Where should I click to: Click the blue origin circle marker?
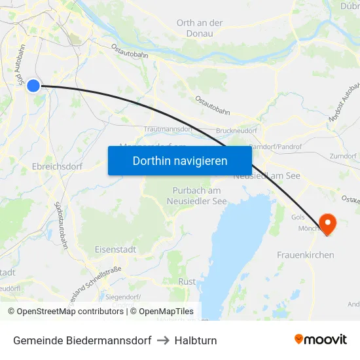[33, 85]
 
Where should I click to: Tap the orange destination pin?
[325, 224]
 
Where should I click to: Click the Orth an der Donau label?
[200, 27]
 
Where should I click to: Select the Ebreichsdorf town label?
[58, 166]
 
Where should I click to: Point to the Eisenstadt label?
[115, 249]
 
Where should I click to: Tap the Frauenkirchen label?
[306, 255]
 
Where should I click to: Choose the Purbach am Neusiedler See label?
[199, 196]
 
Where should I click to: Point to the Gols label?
[298, 216]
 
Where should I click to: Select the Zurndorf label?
[344, 156]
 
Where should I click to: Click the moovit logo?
[320, 339]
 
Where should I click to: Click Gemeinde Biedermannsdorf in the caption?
[82, 340]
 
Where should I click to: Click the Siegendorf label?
[123, 297]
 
